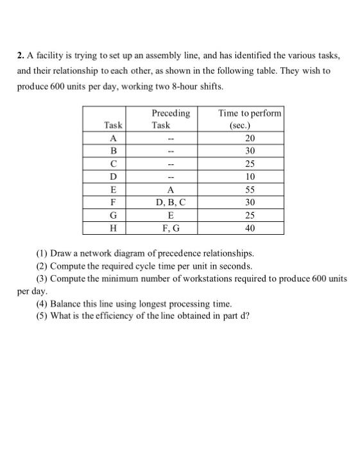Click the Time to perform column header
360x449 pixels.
pos(250,114)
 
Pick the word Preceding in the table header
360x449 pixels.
pos(171,114)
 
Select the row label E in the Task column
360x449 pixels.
pos(114,189)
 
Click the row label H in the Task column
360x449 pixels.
pos(114,228)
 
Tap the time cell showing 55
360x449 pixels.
pos(250,189)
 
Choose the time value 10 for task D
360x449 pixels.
pos(250,176)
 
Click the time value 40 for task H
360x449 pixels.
pos(250,228)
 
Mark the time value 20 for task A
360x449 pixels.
pos(250,139)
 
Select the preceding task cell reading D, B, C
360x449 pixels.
pos(171,202)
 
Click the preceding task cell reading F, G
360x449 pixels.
pos(171,228)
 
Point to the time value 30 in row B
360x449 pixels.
pos(250,151)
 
